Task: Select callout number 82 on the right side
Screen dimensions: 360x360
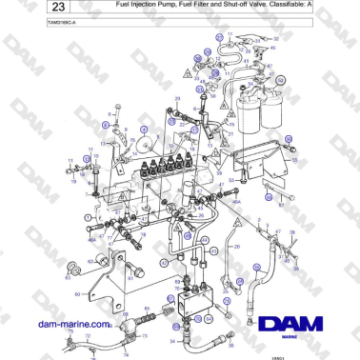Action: (280, 203)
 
